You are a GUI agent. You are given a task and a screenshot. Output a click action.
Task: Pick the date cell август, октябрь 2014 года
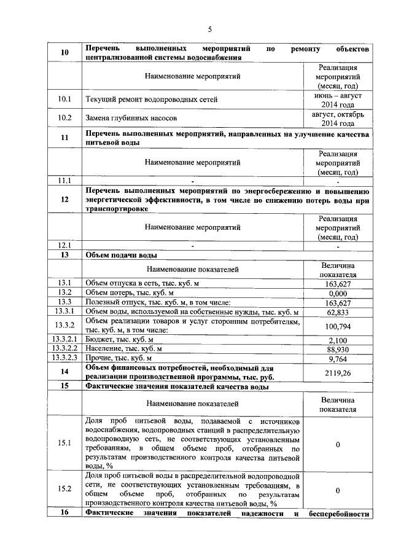tap(338, 118)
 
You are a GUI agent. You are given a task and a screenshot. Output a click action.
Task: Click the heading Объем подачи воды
tap(122, 254)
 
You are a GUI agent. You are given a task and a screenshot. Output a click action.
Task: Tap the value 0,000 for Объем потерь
tap(338, 293)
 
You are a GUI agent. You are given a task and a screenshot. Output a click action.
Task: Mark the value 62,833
tap(338, 312)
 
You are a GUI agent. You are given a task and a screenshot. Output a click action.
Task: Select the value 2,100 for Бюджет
tap(338, 340)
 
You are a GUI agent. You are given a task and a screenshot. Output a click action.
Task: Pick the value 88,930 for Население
tap(338, 349)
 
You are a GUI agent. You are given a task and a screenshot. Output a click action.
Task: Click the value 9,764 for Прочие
tap(338, 358)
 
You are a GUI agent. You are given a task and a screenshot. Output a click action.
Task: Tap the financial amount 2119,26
tap(338, 372)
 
